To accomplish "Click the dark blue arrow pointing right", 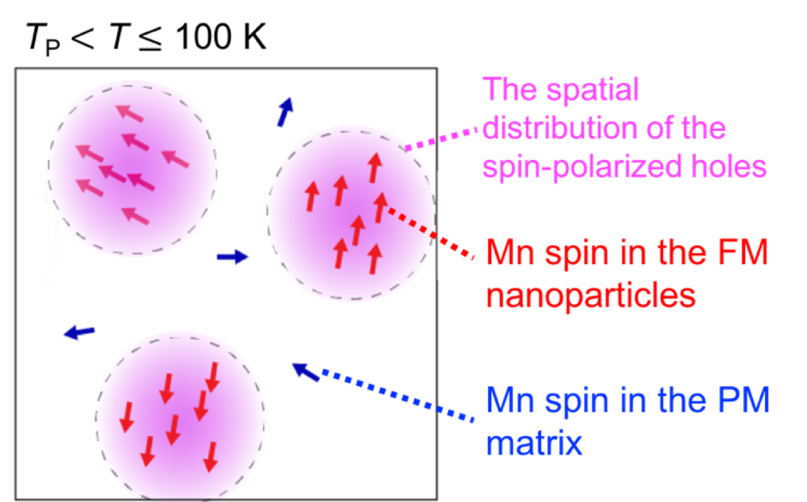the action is point(232,257).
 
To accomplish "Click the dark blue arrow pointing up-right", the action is point(285,112).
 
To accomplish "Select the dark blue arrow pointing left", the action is point(80,332).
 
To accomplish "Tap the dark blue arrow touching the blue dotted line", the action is point(306,372).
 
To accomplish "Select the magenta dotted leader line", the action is point(441,139).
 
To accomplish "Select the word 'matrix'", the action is point(534,443).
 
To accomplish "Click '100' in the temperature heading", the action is point(203,36).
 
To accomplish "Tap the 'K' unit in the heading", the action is point(255,36).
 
